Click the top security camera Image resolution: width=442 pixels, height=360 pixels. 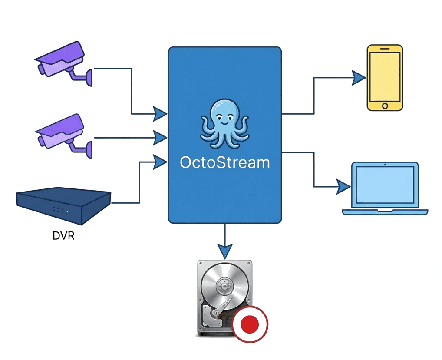(61, 59)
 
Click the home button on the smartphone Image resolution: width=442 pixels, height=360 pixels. (385, 106)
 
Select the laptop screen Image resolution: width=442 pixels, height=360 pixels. (385, 185)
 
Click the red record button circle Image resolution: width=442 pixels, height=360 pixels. (250, 324)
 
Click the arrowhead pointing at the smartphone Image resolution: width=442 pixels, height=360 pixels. (359, 78)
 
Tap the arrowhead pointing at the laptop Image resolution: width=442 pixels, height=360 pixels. (343, 187)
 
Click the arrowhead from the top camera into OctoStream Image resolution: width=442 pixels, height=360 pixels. (160, 114)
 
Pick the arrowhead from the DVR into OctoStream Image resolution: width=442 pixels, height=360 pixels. (160, 162)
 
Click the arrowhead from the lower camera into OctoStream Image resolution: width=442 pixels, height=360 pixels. (160, 138)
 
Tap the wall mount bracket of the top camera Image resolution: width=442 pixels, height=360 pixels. (87, 77)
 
